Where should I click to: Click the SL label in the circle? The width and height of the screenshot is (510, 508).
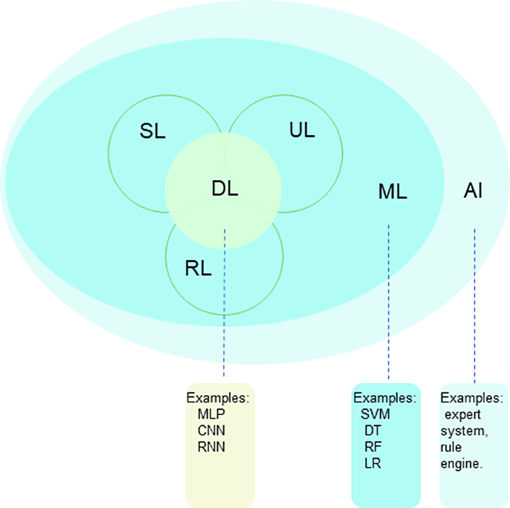pyautogui.click(x=153, y=131)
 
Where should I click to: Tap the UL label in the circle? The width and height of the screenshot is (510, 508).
pyautogui.click(x=302, y=130)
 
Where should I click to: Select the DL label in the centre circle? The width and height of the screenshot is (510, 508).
pyautogui.click(x=224, y=188)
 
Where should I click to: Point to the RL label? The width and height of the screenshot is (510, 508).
pyautogui.click(x=199, y=268)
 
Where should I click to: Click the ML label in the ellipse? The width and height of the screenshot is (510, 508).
pyautogui.click(x=393, y=192)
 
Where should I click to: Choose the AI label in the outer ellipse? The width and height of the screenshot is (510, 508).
pyautogui.click(x=473, y=191)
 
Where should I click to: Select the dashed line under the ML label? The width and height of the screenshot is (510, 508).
pyautogui.click(x=389, y=300)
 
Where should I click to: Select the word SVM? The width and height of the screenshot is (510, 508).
pyautogui.click(x=375, y=413)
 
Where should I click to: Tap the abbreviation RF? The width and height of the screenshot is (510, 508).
pyautogui.click(x=373, y=446)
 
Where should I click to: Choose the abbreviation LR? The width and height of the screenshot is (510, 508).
pyautogui.click(x=373, y=462)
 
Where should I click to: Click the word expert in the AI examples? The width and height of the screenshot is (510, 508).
pyautogui.click(x=463, y=415)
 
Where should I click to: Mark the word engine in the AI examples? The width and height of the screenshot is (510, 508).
pyautogui.click(x=462, y=462)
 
